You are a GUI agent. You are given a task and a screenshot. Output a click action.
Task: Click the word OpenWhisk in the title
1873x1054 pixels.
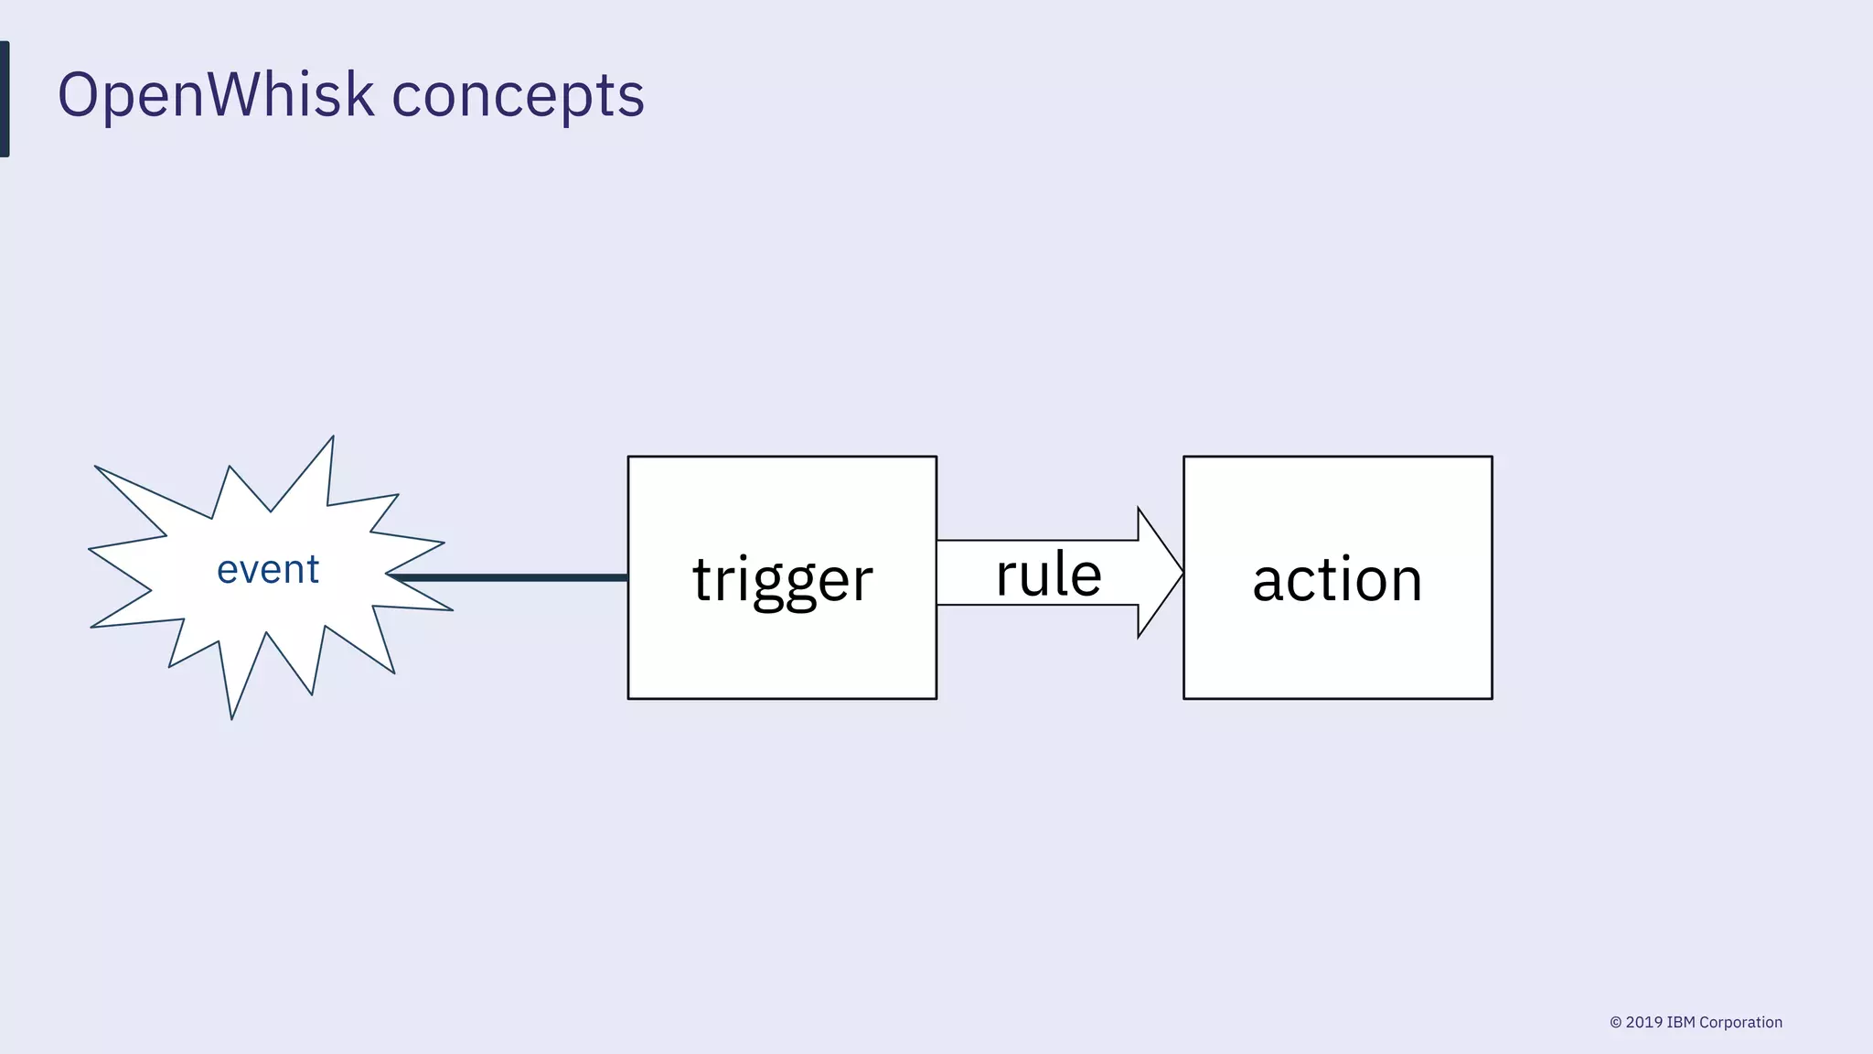pos(216,95)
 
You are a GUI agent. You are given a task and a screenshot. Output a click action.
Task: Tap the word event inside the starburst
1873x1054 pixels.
pos(268,570)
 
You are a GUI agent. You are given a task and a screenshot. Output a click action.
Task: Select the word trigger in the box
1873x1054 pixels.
pos(783,580)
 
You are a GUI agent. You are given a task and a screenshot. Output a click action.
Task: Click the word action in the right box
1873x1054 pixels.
pos(1337,580)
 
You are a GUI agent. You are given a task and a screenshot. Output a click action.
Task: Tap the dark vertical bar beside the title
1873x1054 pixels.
pos(5,99)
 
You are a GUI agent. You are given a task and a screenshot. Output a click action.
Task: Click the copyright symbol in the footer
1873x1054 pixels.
pos(1616,1023)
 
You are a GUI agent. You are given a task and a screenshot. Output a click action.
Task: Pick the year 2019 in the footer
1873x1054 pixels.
pos(1644,1023)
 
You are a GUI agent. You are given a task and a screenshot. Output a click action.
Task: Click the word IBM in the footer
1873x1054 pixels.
pos(1681,1023)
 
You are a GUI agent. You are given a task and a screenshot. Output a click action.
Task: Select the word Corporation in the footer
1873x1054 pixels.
pos(1740,1023)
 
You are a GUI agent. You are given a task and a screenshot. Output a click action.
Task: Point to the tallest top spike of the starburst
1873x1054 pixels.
pos(331,441)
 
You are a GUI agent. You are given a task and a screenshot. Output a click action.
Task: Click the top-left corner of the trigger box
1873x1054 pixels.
pos(628,457)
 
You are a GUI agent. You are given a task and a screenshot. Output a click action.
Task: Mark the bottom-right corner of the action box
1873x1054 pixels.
pos(1492,698)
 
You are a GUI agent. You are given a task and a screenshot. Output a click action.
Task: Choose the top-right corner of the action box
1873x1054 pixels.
pos(1492,457)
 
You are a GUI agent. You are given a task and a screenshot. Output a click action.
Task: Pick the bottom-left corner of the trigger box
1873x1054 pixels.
pos(628,698)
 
